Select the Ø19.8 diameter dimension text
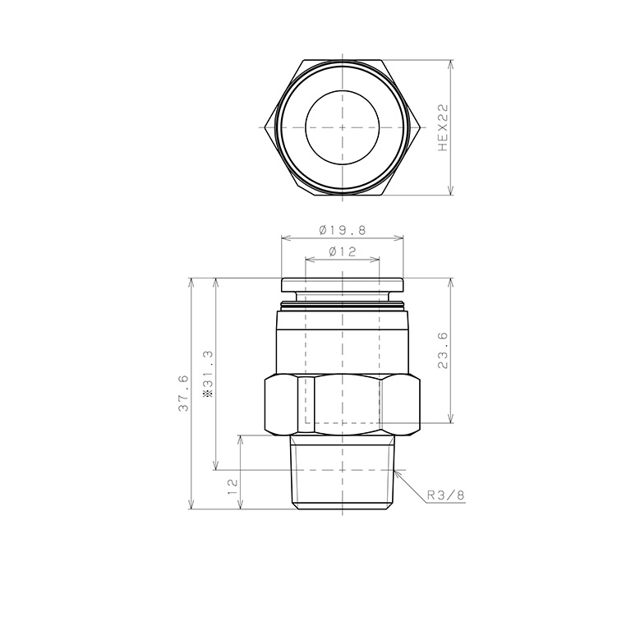pos(342,231)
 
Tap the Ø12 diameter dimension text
pos(342,252)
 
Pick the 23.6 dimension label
pos(443,351)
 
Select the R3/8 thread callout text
pos(445,495)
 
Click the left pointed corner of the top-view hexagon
pos(264,127)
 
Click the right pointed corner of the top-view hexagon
pos(421,127)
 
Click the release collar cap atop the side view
pos(343,285)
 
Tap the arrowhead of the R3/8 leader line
pos(396,472)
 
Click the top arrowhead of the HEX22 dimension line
pos(451,63)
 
